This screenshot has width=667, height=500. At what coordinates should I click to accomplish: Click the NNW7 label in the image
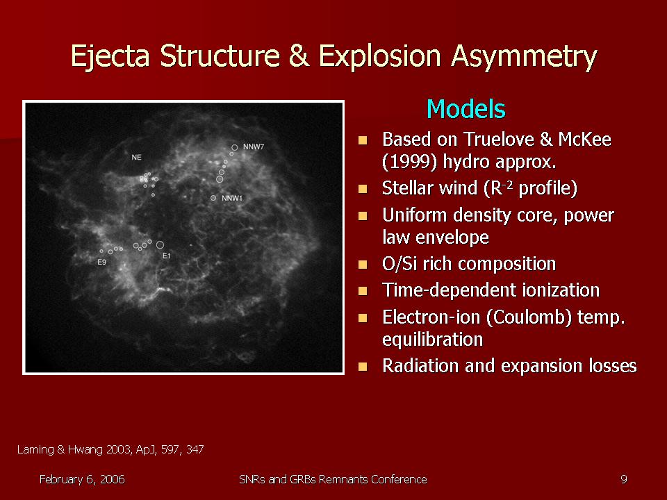[x=254, y=147]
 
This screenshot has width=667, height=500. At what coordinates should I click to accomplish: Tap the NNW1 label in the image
[x=232, y=198]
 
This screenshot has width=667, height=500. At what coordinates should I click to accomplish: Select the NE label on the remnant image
[x=136, y=158]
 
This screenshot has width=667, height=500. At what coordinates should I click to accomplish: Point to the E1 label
[x=166, y=256]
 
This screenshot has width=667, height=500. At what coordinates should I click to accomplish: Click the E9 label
[x=101, y=262]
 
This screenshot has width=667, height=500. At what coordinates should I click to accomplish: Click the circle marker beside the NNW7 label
[x=234, y=147]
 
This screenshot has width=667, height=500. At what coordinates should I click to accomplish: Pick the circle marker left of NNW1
[x=213, y=198]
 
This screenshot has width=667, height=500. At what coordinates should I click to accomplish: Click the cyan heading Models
[x=466, y=109]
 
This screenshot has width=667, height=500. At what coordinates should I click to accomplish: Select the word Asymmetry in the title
[x=524, y=56]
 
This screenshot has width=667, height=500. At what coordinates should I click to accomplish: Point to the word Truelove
[x=497, y=139]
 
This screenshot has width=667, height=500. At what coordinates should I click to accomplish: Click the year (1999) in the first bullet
[x=410, y=162]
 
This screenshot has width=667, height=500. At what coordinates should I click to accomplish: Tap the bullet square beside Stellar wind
[x=363, y=189]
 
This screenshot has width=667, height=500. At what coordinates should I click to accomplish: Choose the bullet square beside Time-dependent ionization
[x=363, y=291]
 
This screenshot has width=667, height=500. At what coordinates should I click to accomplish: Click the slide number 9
[x=624, y=480]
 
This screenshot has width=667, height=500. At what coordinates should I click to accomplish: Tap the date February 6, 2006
[x=82, y=480]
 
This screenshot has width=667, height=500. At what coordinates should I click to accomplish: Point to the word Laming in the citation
[x=35, y=450]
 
